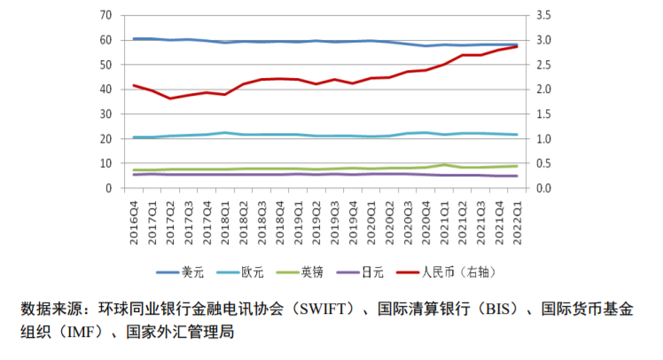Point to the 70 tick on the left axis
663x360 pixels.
[x=105, y=16]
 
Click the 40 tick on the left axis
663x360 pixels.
[x=105, y=90]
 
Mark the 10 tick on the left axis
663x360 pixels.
[x=105, y=164]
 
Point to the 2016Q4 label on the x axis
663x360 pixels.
[x=135, y=216]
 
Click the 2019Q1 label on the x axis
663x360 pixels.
[x=299, y=216]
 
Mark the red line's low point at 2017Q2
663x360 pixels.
[x=170, y=98]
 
